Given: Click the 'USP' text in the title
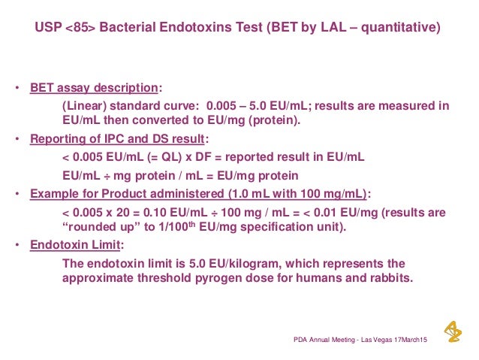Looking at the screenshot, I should click(x=50, y=29).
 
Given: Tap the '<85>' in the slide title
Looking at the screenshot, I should click(x=83, y=29).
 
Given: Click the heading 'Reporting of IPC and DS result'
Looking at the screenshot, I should click(x=116, y=140).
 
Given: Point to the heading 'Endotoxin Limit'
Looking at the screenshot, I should click(x=77, y=245).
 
